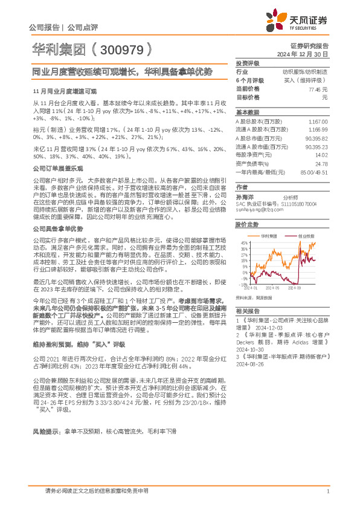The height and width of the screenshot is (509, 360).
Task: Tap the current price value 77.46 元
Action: coord(313,89)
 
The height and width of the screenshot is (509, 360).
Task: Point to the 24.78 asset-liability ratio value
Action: coord(321,164)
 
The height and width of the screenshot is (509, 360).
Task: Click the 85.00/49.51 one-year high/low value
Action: coord(314,172)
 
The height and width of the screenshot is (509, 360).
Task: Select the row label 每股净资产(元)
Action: coord(252,155)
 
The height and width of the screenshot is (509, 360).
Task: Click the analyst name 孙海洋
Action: coord(244,196)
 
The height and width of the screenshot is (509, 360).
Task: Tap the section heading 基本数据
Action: coord(247,112)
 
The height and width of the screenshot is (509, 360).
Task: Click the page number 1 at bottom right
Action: coord(327,491)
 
